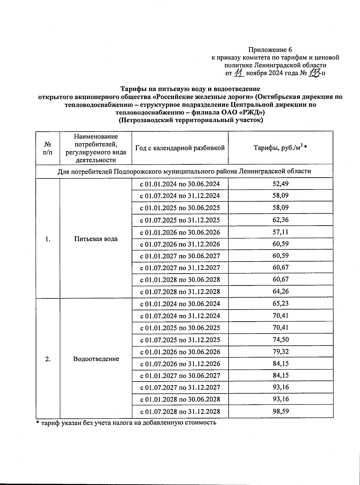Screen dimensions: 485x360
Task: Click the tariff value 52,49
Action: (281, 184)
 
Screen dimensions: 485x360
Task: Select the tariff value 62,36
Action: (281, 220)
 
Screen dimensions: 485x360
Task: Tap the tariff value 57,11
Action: (281, 232)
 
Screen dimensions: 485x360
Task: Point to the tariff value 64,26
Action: (281, 292)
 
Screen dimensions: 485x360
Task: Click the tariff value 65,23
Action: (281, 304)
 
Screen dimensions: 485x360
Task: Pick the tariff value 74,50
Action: (281, 340)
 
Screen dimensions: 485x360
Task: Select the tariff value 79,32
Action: (281, 352)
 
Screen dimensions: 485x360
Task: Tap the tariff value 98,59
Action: (281, 411)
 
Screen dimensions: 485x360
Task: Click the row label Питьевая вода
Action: (96, 239)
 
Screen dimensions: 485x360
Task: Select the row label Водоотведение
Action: (96, 359)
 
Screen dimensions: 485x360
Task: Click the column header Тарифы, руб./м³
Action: (281, 148)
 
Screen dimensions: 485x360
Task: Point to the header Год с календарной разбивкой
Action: (180, 148)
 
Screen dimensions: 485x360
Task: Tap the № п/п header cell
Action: (47, 148)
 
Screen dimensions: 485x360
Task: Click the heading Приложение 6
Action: (270, 49)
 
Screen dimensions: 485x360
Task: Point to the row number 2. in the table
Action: (47, 359)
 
